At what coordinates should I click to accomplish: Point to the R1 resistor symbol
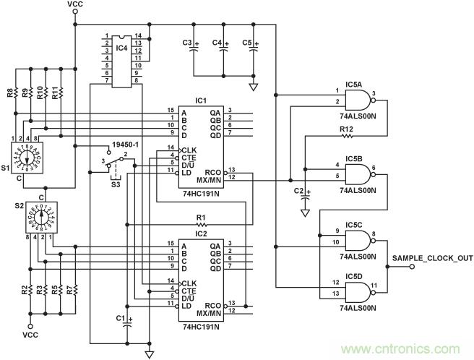[201, 225]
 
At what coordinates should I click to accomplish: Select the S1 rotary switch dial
[31, 156]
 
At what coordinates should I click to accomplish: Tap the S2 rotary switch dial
[41, 215]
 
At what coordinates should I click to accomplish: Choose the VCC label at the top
[74, 6]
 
